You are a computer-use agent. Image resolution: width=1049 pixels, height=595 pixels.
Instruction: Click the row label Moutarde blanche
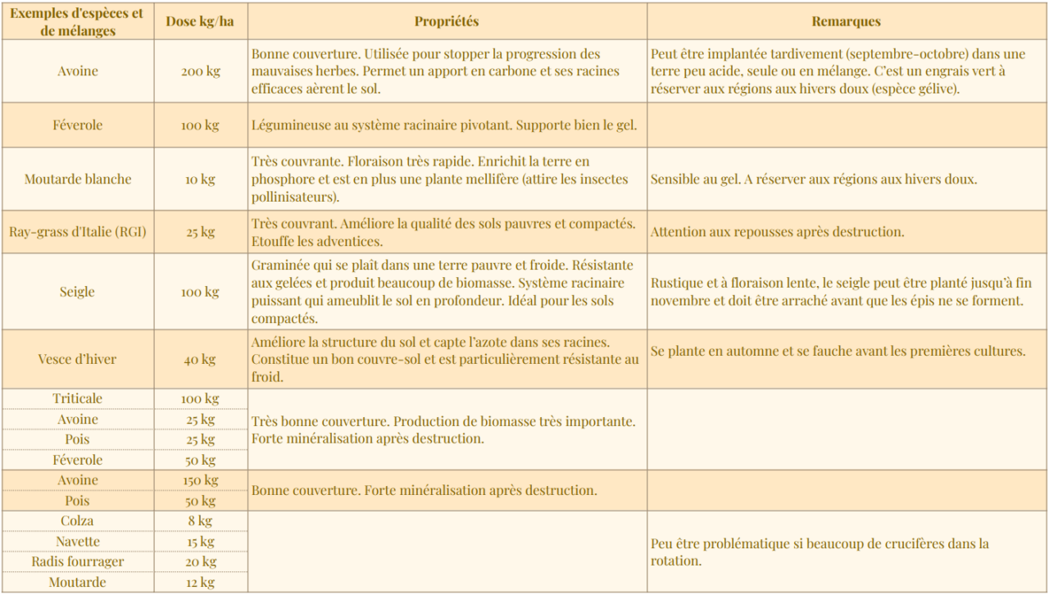[78, 179]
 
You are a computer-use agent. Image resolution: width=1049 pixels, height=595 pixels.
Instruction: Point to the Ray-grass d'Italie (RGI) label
[78, 232]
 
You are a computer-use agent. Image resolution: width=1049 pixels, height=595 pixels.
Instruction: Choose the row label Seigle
[78, 292]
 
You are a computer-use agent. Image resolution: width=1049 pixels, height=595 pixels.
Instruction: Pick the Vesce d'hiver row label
[78, 359]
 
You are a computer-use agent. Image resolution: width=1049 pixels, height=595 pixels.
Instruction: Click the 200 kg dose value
[200, 71]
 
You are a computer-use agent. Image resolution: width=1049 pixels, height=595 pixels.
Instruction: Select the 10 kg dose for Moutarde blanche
[200, 179]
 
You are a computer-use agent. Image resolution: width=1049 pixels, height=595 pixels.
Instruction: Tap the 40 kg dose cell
[200, 359]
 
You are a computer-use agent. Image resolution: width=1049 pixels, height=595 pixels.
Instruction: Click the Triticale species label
[78, 398]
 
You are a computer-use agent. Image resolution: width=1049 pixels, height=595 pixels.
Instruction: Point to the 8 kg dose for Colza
[200, 520]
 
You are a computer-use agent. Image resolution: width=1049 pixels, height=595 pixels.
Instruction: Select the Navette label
[78, 541]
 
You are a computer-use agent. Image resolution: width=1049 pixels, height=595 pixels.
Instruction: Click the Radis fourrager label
[78, 561]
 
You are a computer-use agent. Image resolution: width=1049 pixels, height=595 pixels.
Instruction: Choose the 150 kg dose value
[200, 480]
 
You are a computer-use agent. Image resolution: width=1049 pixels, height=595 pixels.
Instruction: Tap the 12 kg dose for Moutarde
[200, 582]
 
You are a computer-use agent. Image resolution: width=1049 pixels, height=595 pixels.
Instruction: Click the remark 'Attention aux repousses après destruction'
[777, 232]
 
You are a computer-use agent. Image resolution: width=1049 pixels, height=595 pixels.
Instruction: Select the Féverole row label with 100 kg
[78, 125]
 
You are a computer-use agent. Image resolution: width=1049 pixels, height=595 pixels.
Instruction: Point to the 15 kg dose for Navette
[200, 541]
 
